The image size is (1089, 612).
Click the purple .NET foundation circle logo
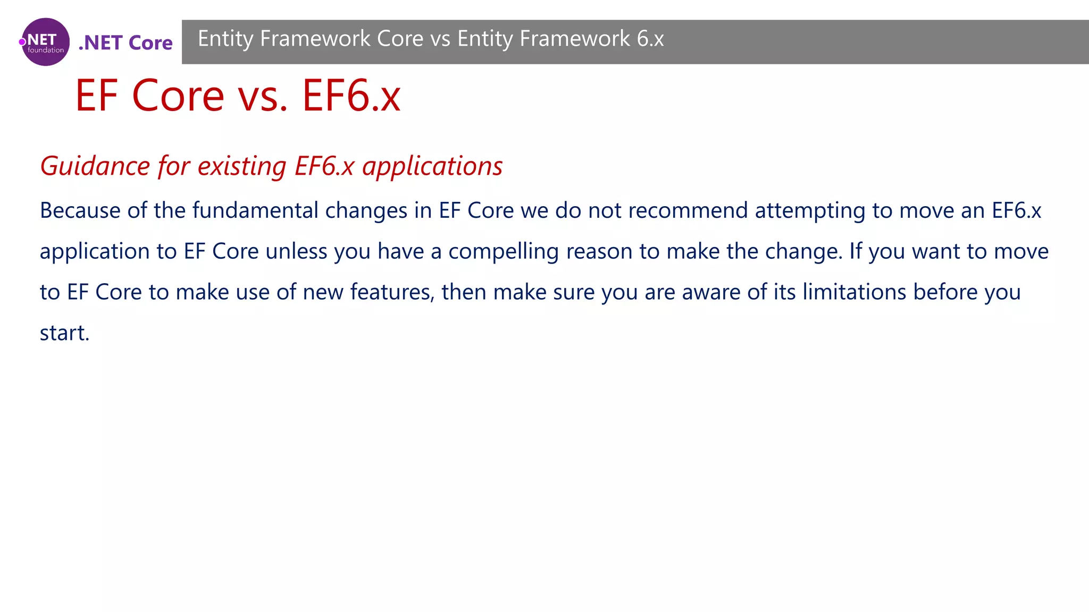point(45,42)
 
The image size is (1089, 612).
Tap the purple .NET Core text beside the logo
point(125,42)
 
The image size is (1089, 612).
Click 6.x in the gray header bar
point(650,39)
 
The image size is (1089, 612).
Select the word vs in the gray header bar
point(440,39)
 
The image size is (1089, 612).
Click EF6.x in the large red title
point(351,96)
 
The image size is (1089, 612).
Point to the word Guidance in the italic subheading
point(95,166)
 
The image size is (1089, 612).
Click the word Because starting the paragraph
point(80,211)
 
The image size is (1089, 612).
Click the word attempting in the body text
point(810,211)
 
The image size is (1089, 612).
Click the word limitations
point(854,292)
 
